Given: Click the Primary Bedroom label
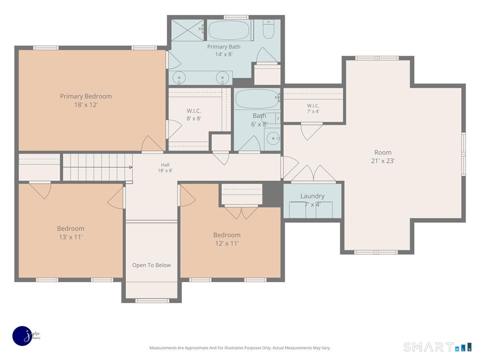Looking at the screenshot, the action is click(x=86, y=100).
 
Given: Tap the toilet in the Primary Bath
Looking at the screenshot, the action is click(x=268, y=29).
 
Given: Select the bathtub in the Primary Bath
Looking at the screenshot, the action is click(x=229, y=30).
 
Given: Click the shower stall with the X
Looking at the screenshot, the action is click(x=188, y=30).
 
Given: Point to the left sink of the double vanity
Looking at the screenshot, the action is click(x=179, y=78).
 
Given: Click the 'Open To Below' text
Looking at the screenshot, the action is click(x=151, y=265).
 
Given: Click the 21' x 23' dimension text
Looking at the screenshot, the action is click(x=383, y=161).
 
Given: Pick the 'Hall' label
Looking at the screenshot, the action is click(x=165, y=165).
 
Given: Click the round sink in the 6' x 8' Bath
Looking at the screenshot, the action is click(x=273, y=138).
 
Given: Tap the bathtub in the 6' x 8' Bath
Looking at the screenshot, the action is click(x=257, y=98).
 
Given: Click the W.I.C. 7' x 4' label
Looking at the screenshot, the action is click(x=313, y=108).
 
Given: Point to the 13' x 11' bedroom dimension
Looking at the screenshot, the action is click(x=71, y=237).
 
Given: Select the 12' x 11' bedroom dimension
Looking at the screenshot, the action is click(x=227, y=243).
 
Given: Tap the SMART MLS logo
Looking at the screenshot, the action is click(x=437, y=347).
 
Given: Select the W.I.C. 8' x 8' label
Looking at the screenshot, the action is click(x=194, y=114).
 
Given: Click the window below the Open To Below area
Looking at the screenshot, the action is click(x=152, y=301).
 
